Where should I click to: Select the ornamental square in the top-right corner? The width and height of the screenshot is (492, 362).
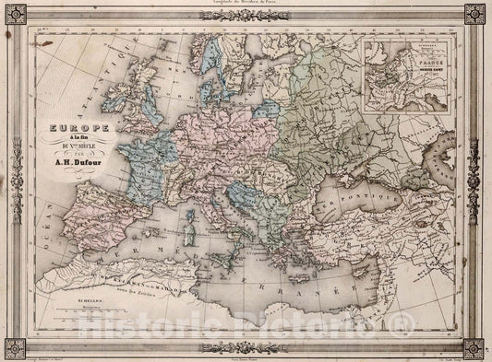pos(475,15)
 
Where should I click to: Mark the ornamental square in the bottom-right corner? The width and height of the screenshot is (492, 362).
pos(475,346)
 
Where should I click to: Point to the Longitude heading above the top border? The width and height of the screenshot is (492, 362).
pos(246,4)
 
